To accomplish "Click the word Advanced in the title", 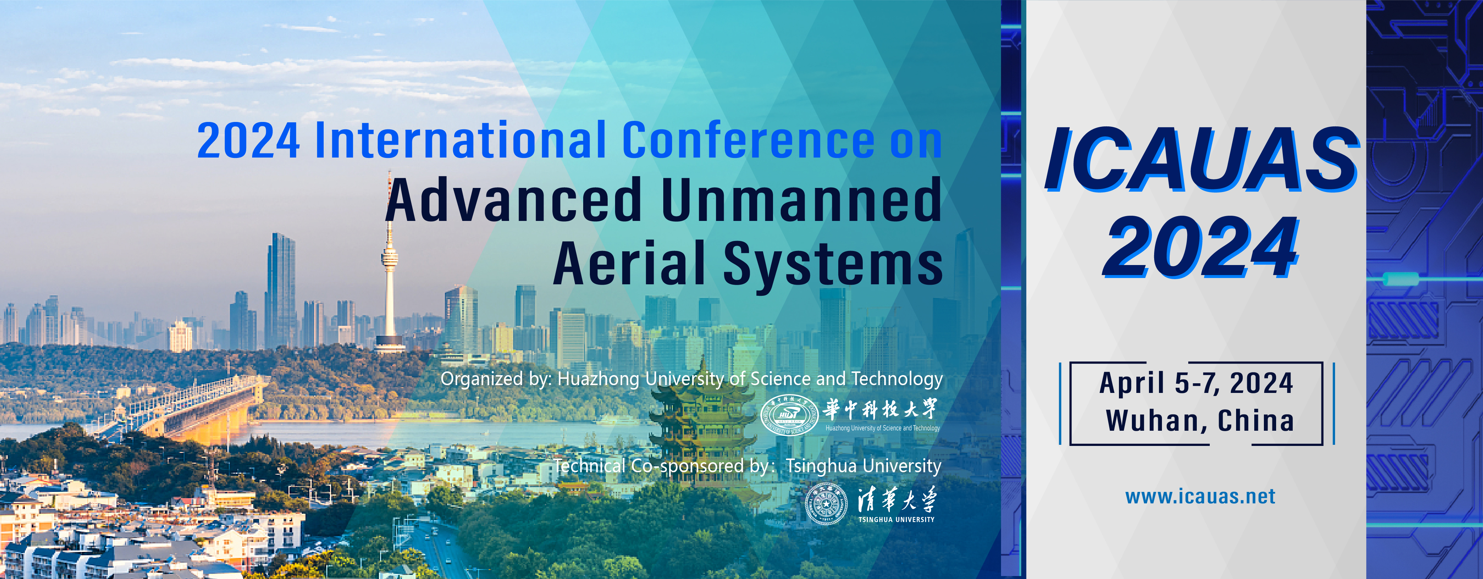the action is [513, 200].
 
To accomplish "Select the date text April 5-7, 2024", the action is [1196, 383].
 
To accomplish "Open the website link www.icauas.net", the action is [1200, 496].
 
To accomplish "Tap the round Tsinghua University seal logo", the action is [826, 504].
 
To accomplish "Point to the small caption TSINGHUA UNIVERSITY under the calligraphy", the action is [896, 520].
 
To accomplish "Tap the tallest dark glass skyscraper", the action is [280, 291].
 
